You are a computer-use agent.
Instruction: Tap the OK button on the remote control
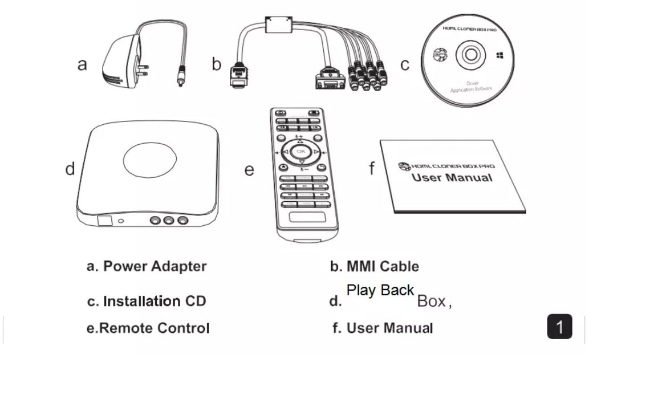(302, 152)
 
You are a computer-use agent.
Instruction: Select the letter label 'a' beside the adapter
(82, 64)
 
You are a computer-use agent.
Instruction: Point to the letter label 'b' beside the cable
(216, 64)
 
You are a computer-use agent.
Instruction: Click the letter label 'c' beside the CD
(404, 64)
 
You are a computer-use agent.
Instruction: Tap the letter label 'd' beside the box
(70, 169)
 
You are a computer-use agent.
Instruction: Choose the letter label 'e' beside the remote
(249, 170)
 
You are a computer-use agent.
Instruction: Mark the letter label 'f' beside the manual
(372, 169)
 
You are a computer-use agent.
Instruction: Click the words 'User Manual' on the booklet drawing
(452, 178)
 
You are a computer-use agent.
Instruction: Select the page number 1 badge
(559, 327)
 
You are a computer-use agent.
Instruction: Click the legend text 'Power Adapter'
(155, 266)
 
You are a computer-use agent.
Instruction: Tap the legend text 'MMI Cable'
(383, 266)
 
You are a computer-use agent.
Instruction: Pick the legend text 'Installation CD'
(154, 301)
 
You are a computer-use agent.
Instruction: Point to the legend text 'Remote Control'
(155, 328)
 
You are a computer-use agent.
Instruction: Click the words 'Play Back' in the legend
(380, 290)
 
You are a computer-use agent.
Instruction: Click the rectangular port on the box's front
(103, 221)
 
